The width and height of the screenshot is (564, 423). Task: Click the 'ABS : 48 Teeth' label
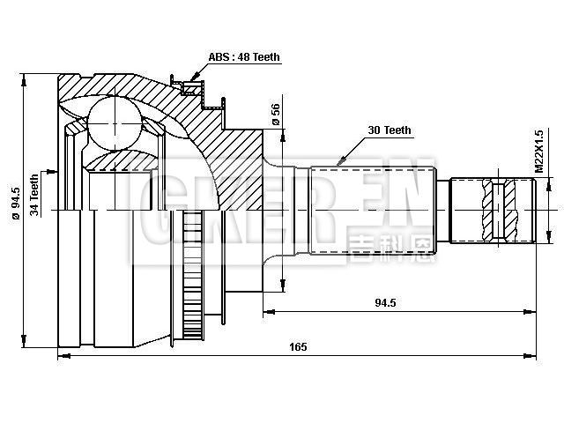[244, 57]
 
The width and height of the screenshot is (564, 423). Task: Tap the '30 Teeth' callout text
[390, 130]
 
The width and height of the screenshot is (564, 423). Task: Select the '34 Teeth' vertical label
[34, 194]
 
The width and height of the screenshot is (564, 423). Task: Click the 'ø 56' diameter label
[276, 114]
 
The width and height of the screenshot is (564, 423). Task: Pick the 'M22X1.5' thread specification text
[539, 151]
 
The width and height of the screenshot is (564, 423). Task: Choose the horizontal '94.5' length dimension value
[385, 303]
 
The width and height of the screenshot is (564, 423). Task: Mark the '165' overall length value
[298, 347]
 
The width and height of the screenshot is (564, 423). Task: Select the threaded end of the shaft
[493, 211]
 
